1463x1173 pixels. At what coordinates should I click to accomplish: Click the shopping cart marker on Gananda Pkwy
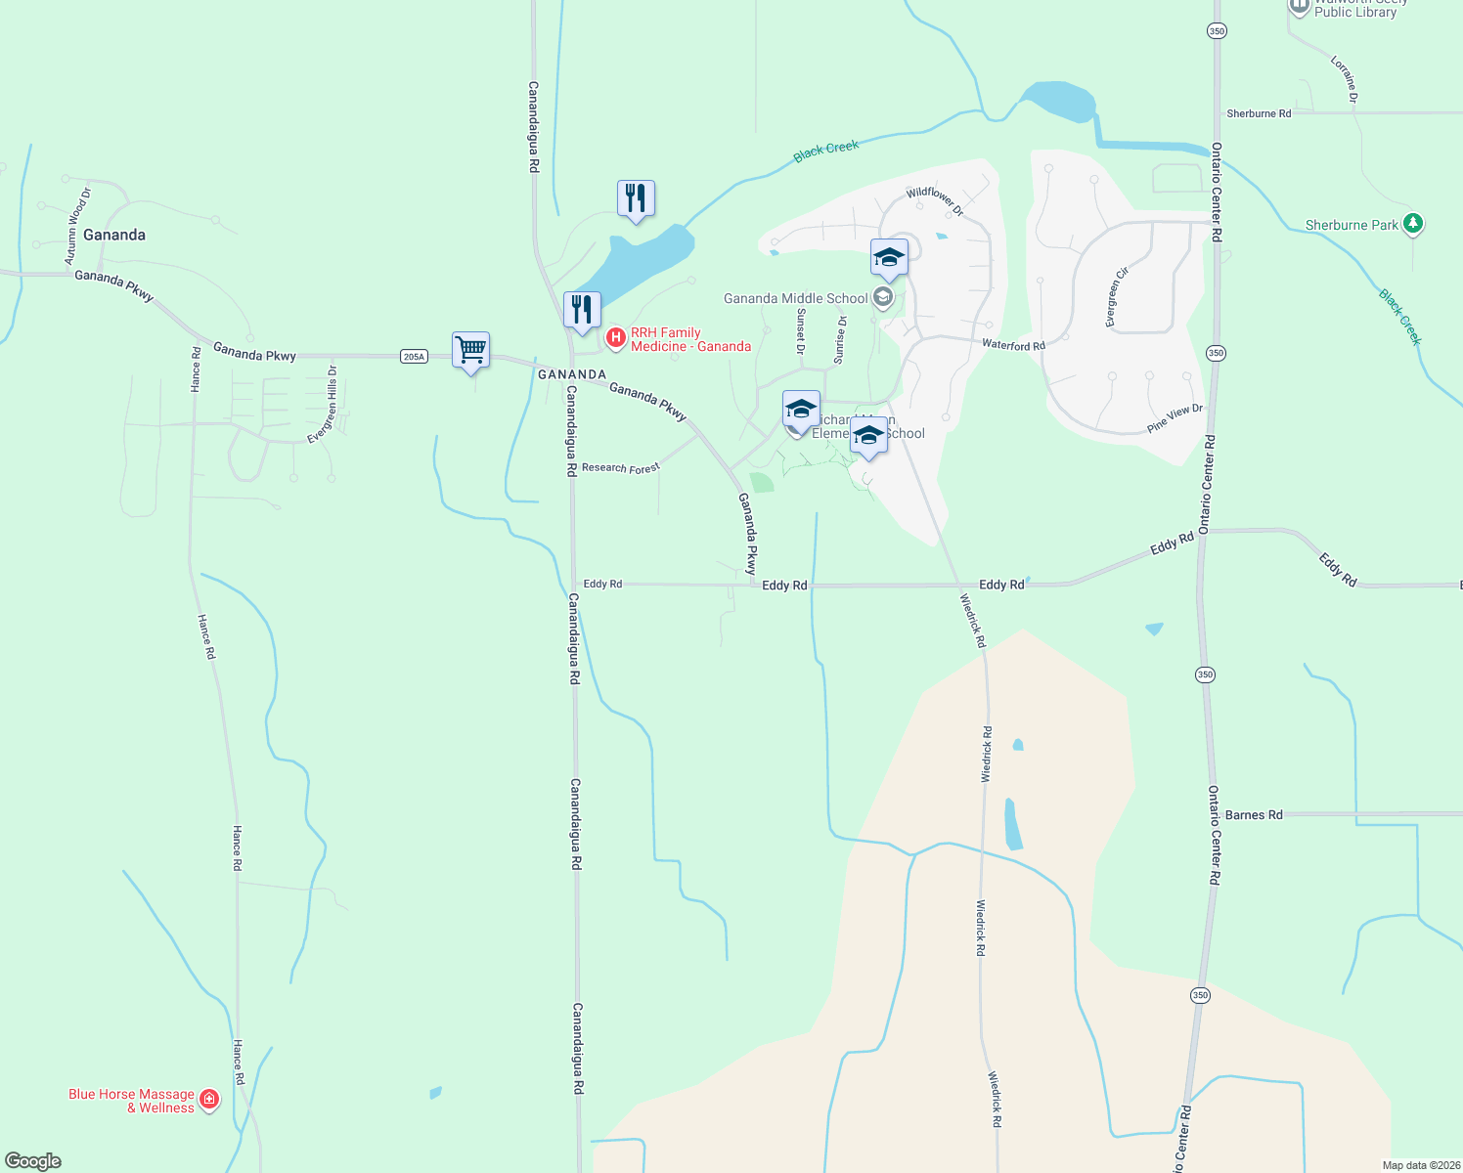pos(470,350)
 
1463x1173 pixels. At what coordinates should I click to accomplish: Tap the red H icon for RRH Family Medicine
pos(616,338)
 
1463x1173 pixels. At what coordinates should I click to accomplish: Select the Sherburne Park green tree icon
pos(1412,224)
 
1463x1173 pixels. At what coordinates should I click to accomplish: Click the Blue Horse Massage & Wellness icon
pos(209,1100)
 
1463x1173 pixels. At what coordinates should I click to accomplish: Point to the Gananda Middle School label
pos(795,298)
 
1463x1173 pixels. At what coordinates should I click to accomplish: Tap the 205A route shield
pos(414,357)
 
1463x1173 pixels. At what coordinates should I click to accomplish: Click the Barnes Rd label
pos(1254,814)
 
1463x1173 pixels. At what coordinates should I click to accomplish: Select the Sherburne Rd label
pos(1259,113)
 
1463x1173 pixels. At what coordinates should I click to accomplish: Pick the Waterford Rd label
pos(1013,344)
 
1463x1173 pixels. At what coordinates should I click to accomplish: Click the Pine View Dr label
pos(1175,418)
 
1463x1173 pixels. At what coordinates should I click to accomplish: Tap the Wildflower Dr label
pos(935,200)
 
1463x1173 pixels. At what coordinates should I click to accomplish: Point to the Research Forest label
pos(620,468)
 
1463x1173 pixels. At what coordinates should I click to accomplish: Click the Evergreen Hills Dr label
pos(323,405)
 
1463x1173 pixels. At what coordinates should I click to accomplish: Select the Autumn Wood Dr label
pos(78,226)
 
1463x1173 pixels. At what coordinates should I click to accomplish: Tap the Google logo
pos(33,1161)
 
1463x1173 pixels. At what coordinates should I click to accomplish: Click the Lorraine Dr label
pos(1345,79)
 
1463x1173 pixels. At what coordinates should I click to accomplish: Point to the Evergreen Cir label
pos(1116,297)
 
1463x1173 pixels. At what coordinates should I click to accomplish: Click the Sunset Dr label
pos(801,330)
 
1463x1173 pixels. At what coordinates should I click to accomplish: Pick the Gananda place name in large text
pos(114,235)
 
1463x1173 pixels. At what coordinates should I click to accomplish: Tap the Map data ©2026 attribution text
pos(1420,1165)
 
